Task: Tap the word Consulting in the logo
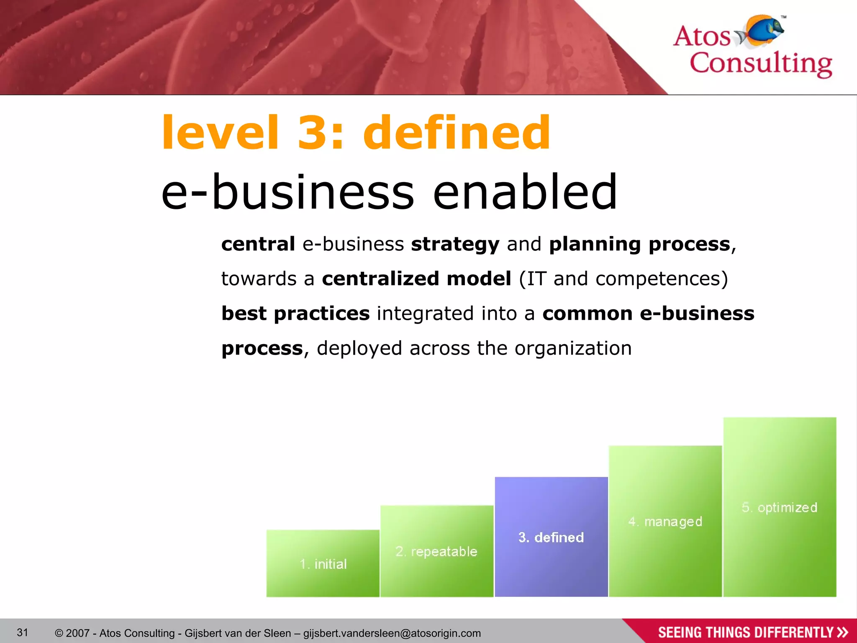pyautogui.click(x=760, y=64)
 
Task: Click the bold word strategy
pyautogui.click(x=455, y=244)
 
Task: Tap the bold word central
pyautogui.click(x=258, y=244)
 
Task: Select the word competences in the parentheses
pyautogui.click(x=657, y=279)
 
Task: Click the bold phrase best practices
pyautogui.click(x=295, y=314)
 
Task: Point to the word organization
pyautogui.click(x=573, y=348)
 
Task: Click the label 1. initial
pyautogui.click(x=323, y=564)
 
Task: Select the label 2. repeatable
pyautogui.click(x=436, y=551)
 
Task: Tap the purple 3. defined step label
pyautogui.click(x=551, y=537)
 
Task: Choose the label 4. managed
pyautogui.click(x=665, y=522)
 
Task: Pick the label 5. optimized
pyautogui.click(x=779, y=507)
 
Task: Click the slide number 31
pyautogui.click(x=23, y=632)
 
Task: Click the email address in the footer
pyautogui.click(x=392, y=633)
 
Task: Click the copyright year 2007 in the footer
pyautogui.click(x=78, y=633)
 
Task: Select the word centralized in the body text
pyautogui.click(x=380, y=279)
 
